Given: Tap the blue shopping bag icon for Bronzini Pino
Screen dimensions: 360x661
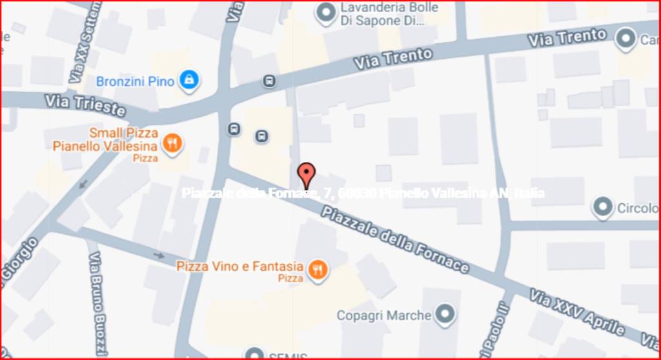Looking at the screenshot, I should click(x=188, y=80).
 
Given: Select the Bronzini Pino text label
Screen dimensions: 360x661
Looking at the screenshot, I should click(x=135, y=81).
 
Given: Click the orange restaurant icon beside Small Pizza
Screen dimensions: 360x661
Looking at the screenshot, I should click(x=171, y=143).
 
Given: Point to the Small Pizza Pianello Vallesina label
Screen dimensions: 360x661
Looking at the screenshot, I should click(x=105, y=140).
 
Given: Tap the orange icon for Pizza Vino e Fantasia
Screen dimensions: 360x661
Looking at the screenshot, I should click(x=317, y=270).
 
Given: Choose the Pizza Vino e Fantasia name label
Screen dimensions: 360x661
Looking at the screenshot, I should click(x=239, y=266).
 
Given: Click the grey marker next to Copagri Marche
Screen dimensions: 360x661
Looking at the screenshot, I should click(x=444, y=315).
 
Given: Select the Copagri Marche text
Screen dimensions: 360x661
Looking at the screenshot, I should click(x=383, y=315).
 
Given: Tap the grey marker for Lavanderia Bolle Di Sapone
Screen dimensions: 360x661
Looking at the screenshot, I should click(x=325, y=12).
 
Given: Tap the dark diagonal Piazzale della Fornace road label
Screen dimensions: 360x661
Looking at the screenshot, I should click(x=394, y=239).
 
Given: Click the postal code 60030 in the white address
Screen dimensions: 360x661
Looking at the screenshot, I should click(x=358, y=193).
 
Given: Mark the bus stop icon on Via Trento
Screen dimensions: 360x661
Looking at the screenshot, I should click(x=269, y=81).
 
